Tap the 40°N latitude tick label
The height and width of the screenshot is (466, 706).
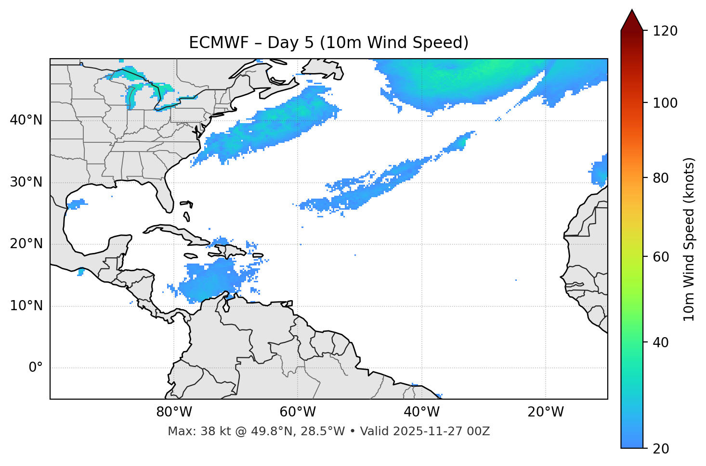click(26, 120)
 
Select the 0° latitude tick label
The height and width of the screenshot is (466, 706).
click(35, 368)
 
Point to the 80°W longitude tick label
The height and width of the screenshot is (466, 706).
click(174, 412)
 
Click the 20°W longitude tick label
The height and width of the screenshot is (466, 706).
click(546, 412)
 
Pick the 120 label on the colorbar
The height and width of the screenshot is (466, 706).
click(665, 31)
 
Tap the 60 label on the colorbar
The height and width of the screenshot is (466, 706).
click(661, 257)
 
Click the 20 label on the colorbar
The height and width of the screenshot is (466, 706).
click(661, 448)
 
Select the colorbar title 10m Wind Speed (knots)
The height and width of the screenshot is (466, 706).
click(689, 239)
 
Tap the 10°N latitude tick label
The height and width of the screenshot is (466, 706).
click(26, 306)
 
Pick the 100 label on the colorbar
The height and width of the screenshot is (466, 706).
click(665, 103)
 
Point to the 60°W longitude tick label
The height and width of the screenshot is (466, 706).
click(297, 412)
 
